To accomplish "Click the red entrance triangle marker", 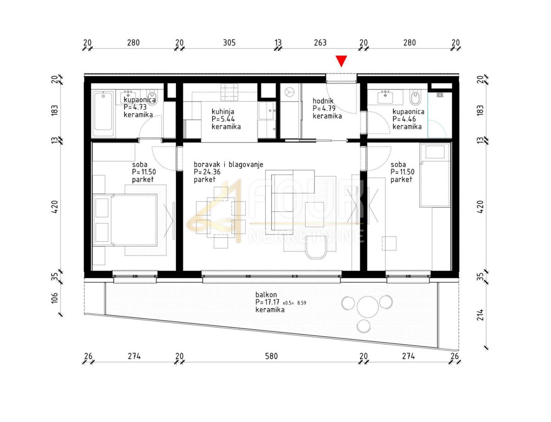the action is pos(341,61).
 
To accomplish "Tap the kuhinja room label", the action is pos(223,111).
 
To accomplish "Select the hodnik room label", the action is pos(323,101).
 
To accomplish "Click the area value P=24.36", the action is pos(207,172).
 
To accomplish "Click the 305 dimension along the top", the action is pos(229,42).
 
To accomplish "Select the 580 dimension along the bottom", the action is pos(271,356).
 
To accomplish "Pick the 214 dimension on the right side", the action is pos(480,315).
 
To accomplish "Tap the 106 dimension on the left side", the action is pos(55,298).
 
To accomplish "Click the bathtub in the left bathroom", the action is pos(103,114).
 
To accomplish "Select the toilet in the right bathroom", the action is pos(415,97).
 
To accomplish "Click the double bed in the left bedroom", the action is pos(125,220).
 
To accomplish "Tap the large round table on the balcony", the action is pos(368,307).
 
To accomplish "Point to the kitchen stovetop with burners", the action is pos(229,92).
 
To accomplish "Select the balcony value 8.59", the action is pos(302,303).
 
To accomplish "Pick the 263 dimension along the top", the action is pos(320,42).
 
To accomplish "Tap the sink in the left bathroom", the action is pos(129,96).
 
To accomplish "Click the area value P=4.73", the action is pos(135,107).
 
